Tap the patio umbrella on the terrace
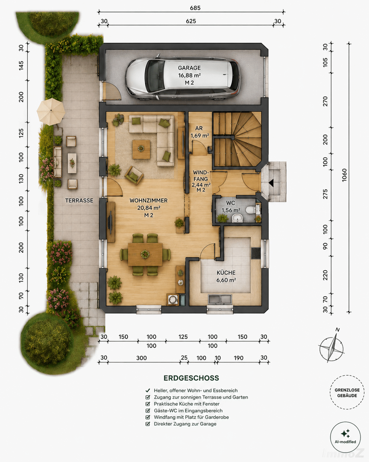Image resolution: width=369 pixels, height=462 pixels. tap(51, 111)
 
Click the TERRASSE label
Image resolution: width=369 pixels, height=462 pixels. tap(79, 200)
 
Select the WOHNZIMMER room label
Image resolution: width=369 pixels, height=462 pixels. tap(149, 200)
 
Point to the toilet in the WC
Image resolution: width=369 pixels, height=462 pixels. tap(251, 210)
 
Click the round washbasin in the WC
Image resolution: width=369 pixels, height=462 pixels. tap(237, 218)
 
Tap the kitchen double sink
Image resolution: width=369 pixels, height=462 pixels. tap(220, 299)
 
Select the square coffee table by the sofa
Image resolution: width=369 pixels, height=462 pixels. tap(141, 149)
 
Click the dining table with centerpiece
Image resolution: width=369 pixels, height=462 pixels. tap(145, 254)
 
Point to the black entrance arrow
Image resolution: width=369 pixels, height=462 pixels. tap(271, 183)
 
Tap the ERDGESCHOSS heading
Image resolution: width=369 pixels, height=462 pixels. tap(191, 378)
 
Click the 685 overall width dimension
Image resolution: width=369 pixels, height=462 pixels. tap(195, 8)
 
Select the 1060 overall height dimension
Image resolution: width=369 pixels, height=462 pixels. tap(344, 175)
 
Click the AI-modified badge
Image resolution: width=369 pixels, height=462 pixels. tap(346, 437)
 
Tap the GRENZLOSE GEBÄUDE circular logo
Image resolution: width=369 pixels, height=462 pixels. tap(347, 392)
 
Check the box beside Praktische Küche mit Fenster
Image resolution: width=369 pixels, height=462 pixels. tap(148, 404)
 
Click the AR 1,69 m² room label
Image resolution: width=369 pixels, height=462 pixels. tap(199, 132)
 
